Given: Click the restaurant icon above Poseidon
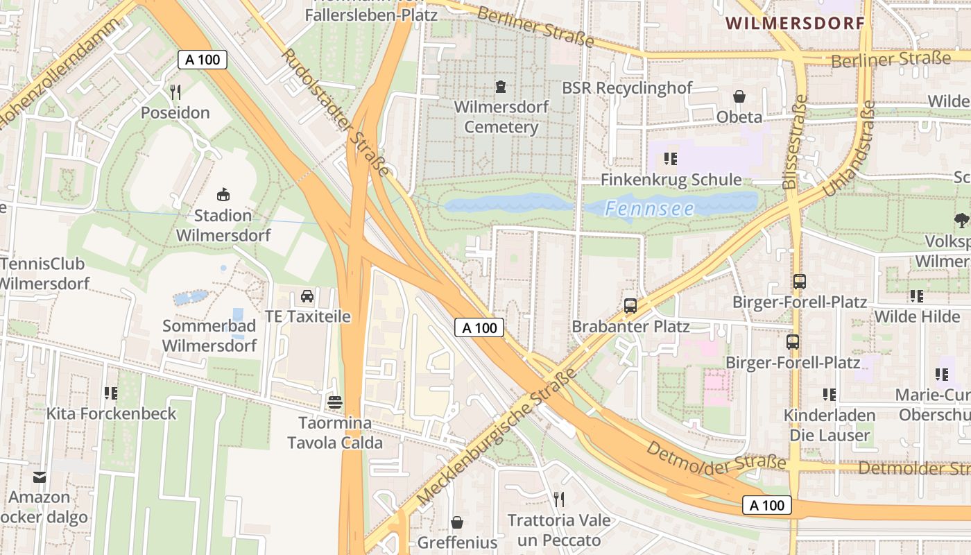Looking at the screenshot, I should click(175, 92).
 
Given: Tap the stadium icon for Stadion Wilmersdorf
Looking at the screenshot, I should click(223, 194).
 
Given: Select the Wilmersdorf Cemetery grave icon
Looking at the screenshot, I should click(501, 87).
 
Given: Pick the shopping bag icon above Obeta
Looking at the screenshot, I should click(739, 96).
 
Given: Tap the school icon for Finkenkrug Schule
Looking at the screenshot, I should click(670, 159).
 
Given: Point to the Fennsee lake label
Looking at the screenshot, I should click(649, 208).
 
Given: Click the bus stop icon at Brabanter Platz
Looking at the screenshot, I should click(630, 305).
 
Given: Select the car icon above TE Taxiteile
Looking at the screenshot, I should click(307, 296).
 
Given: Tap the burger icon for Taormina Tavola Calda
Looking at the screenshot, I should click(335, 402).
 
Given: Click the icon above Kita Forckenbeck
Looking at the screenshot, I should click(111, 393).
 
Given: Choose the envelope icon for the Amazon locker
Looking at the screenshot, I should click(40, 477).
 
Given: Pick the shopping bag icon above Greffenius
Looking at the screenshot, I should click(457, 522).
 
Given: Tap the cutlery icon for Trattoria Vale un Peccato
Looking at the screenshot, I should click(559, 499).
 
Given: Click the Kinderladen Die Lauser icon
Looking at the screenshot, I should click(829, 395).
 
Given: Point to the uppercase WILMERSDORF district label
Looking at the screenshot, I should click(795, 23).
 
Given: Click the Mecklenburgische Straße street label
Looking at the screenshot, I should click(497, 438).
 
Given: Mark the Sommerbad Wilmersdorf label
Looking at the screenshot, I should click(209, 335).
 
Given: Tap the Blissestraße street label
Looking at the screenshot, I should click(794, 142).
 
